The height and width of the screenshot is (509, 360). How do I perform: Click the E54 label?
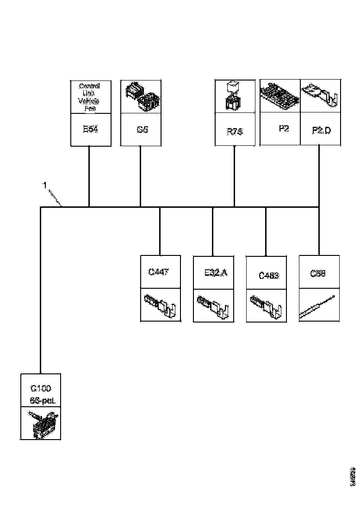pyautogui.click(x=90, y=129)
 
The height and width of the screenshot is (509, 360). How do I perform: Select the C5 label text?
pyautogui.click(x=142, y=130)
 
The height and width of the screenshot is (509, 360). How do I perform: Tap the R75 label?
pyautogui.click(x=235, y=131)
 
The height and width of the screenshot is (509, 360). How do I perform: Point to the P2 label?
pyautogui.click(x=284, y=129)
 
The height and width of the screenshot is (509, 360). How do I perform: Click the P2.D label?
pyautogui.click(x=321, y=130)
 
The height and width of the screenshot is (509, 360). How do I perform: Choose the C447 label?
pyautogui.click(x=158, y=272)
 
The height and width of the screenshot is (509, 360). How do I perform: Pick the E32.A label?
pyautogui.click(x=216, y=273)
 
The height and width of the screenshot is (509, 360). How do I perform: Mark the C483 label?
pyautogui.click(x=269, y=276)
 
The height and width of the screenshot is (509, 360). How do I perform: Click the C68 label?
pyautogui.click(x=318, y=273)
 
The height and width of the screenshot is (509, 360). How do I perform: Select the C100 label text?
pyautogui.click(x=41, y=388)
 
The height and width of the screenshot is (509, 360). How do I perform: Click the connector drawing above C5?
pyautogui.click(x=141, y=96)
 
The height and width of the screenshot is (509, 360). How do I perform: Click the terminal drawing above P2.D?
pyautogui.click(x=321, y=94)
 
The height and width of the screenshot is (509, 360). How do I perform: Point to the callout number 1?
pyautogui.click(x=45, y=185)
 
